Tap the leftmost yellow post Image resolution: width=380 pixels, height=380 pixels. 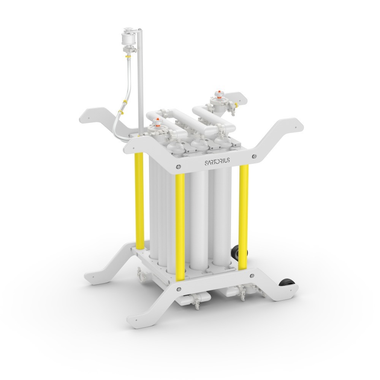coord(139,198)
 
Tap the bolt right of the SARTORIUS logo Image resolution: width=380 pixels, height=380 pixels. coord(254,155)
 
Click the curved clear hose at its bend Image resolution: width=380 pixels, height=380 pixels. coord(117,122)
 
